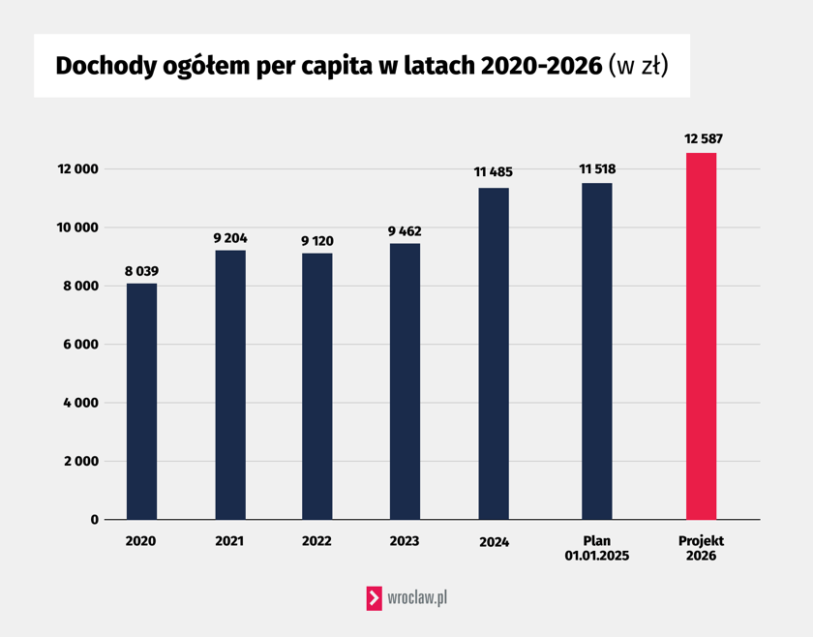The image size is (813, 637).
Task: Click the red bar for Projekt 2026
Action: [x=701, y=336]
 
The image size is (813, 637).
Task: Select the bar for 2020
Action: [x=141, y=402]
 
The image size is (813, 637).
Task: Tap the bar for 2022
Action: [x=317, y=386]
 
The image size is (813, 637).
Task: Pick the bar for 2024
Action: [x=494, y=353]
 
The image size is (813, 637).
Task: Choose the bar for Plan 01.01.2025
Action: [x=597, y=351]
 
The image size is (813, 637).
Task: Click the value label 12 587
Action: [x=704, y=139]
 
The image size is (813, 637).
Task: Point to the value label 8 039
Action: [x=141, y=270]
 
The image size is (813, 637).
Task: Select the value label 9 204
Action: [x=230, y=237]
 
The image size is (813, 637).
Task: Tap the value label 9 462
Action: [x=405, y=231]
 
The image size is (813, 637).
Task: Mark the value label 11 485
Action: [x=494, y=172]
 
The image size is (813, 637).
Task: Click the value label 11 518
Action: [x=597, y=169]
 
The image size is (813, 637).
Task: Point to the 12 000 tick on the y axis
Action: [x=78, y=169]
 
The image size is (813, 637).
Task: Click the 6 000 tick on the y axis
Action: [x=81, y=345]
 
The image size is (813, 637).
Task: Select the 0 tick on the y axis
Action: [x=95, y=520]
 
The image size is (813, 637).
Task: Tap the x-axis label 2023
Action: [x=405, y=541]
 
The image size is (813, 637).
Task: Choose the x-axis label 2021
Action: [x=230, y=541]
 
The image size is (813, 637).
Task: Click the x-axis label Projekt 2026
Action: [x=701, y=549]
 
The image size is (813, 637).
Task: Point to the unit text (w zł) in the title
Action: [x=639, y=66]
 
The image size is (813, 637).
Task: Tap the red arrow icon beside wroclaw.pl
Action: [x=374, y=598]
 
